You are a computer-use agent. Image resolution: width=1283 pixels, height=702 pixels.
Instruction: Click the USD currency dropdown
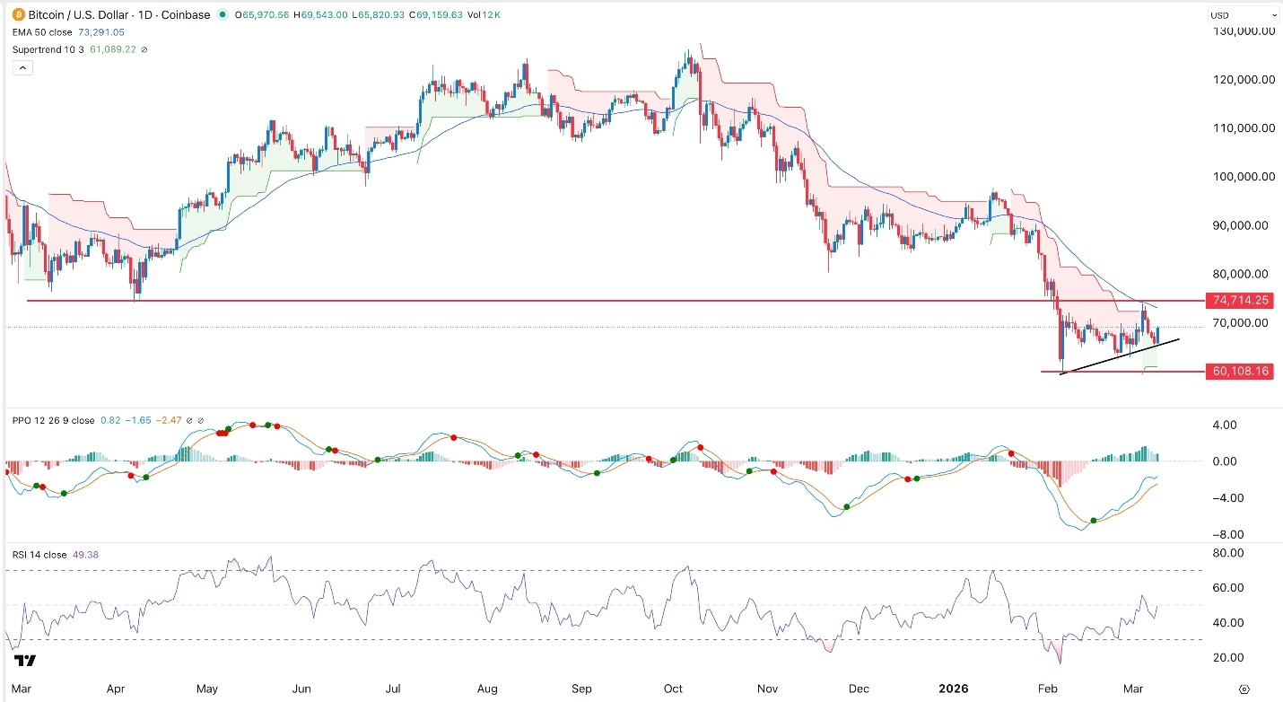[x=1243, y=14]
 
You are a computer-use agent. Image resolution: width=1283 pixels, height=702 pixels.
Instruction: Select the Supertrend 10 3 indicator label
[x=49, y=48]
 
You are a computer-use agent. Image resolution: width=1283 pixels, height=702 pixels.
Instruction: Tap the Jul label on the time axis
[x=393, y=689]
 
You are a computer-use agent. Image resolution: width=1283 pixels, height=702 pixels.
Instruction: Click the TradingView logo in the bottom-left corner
[x=25, y=662]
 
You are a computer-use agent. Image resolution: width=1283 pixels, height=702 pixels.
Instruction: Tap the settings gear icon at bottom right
[x=1244, y=689]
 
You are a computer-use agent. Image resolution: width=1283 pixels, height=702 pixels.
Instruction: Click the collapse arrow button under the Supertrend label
[x=22, y=67]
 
